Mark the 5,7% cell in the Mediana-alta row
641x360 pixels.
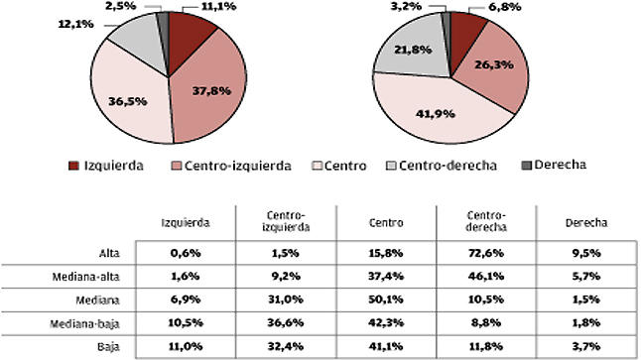pos(582,277)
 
